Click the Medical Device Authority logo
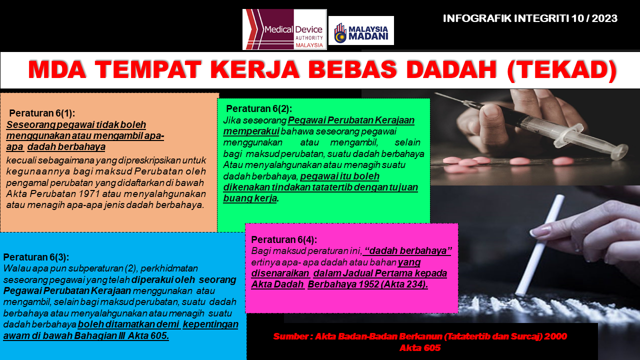284,29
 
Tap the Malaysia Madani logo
361,30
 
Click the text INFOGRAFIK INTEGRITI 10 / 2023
530,18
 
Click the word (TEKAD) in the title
562,70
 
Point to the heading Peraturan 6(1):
42,113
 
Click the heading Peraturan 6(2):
259,109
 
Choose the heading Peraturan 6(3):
36,257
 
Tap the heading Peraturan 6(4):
284,239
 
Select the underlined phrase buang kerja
250,198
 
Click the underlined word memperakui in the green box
251,131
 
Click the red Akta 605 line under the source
420,347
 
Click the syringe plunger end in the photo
619,151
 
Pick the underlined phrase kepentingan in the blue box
210,324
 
